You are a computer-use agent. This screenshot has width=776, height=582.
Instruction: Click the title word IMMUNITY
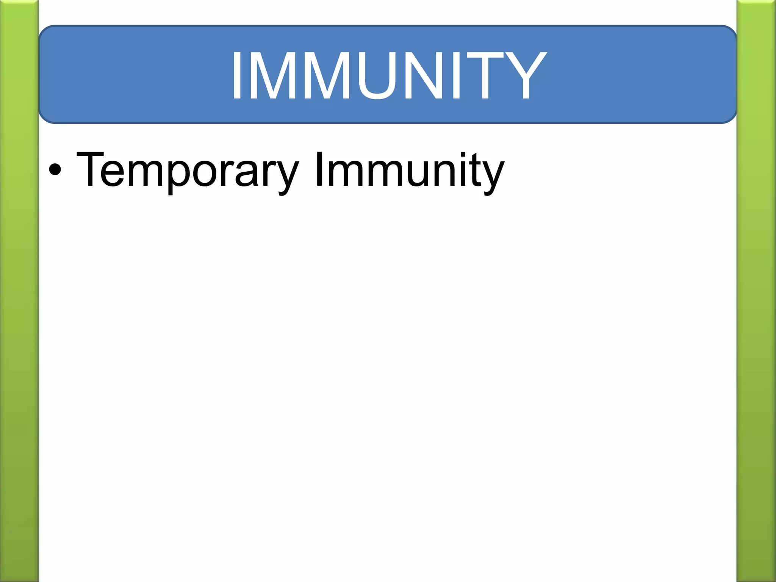click(x=389, y=75)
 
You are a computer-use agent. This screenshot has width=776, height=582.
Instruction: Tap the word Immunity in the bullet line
click(x=409, y=171)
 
